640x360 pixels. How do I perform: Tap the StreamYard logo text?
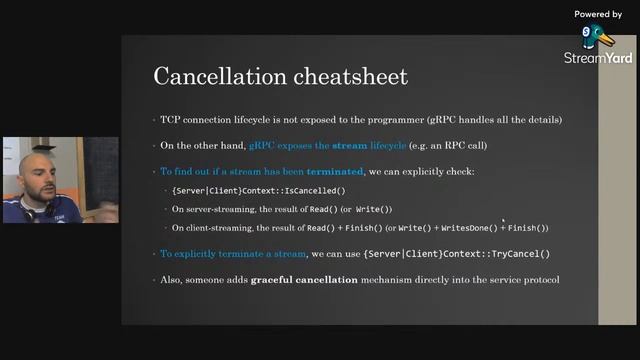coord(598,58)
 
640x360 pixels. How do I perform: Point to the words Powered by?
coord(598,14)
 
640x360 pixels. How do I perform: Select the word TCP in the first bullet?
coord(171,120)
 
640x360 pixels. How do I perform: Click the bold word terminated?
coord(337,172)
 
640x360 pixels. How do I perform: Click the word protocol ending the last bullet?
coord(534,279)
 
